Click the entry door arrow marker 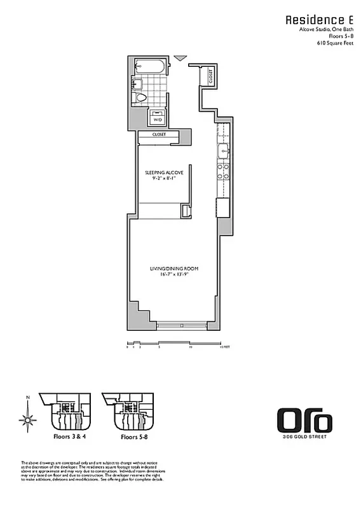click(180, 59)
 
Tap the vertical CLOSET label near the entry click(210, 76)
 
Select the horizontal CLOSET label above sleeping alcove click(159, 134)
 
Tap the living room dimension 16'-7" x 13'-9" click(174, 275)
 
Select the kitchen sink click(224, 151)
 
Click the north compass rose click(27, 419)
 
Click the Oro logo click(304, 421)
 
